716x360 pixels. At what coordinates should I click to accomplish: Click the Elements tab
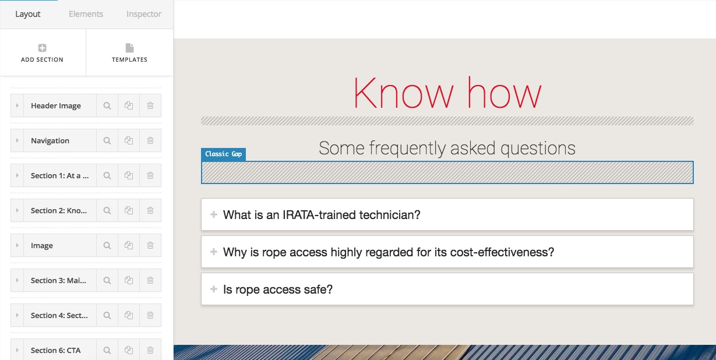point(86,14)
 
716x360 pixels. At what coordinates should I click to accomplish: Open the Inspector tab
point(143,14)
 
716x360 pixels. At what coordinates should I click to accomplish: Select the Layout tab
point(28,14)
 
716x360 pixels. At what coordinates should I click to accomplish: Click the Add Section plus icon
point(42,48)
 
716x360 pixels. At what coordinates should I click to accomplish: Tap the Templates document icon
point(129,48)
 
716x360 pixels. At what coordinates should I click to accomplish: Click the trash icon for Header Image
point(150,105)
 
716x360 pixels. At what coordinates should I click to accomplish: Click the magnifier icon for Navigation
point(107,140)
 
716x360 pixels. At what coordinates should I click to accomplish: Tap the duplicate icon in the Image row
point(129,245)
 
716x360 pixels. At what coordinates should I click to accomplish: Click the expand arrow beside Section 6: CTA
point(17,350)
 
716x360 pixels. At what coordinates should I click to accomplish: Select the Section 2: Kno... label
point(59,210)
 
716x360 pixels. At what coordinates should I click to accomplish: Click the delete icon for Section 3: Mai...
point(150,280)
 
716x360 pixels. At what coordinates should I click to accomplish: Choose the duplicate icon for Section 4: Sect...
point(129,315)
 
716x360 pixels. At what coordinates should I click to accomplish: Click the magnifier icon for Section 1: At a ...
point(107,175)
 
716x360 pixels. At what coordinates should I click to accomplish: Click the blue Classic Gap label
point(224,154)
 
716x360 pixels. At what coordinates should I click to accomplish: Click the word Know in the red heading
point(403,93)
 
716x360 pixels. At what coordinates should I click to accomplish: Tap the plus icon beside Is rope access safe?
point(214,289)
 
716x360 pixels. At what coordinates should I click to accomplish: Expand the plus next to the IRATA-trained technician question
point(214,214)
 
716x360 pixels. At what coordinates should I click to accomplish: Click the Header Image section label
point(56,106)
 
